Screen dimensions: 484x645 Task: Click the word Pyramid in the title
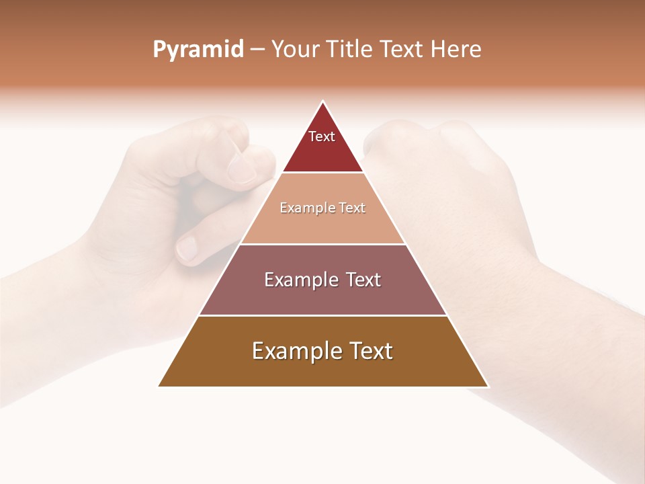[x=198, y=50]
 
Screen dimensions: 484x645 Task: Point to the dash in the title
[x=257, y=50]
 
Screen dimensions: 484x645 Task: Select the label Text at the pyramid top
[x=322, y=136]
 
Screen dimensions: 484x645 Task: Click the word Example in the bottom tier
[x=294, y=352]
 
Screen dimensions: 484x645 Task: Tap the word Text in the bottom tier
[x=371, y=351]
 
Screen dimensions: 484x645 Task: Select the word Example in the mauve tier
[x=299, y=280]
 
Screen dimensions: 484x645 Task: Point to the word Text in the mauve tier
[x=363, y=280]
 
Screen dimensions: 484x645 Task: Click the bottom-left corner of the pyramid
[x=159, y=387]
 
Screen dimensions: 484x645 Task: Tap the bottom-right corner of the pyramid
[x=488, y=387]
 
